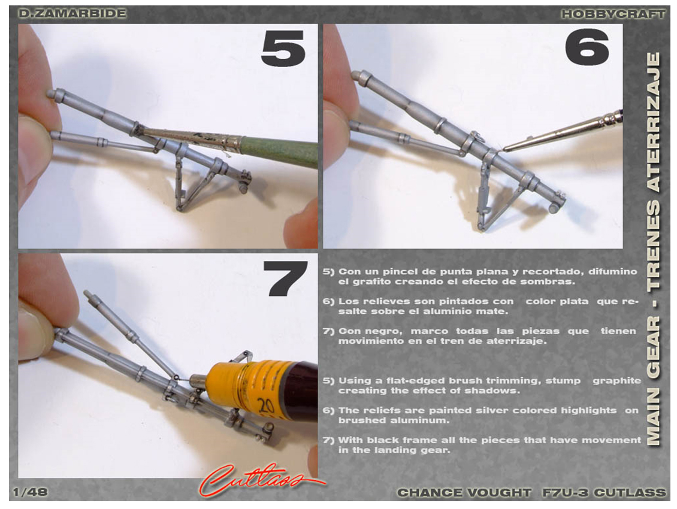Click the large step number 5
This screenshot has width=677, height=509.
point(283,48)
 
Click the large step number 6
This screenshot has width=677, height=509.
point(587,47)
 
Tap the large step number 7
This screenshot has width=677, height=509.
point(285,278)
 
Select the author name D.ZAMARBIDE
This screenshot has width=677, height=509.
point(72,13)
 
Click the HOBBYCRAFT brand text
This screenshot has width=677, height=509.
point(613,14)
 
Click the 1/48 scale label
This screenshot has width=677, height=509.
point(30,492)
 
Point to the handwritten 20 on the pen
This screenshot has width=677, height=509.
point(267,407)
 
